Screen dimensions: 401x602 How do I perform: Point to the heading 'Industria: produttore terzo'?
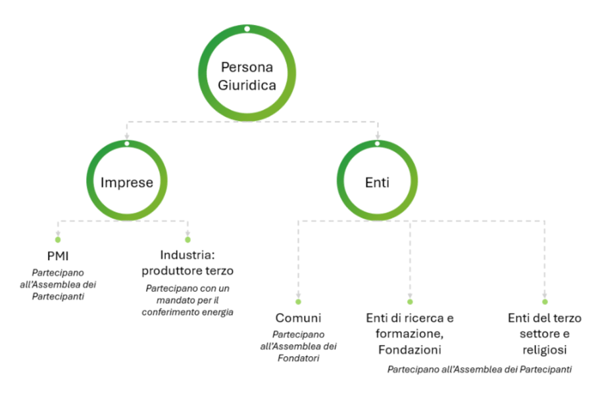(188, 262)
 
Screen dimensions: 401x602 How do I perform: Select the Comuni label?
(298, 318)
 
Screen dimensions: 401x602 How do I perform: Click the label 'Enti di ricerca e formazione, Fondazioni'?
(410, 333)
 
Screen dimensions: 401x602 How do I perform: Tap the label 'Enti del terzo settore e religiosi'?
(545, 333)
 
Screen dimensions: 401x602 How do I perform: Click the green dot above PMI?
(58, 240)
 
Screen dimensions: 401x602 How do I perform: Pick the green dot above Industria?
(188, 240)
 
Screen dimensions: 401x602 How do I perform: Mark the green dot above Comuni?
(298, 302)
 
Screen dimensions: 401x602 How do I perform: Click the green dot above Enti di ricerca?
(410, 302)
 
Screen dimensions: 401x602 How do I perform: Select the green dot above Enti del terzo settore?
(545, 302)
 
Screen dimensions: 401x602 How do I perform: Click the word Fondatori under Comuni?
(297, 359)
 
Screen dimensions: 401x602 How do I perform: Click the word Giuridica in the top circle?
(246, 85)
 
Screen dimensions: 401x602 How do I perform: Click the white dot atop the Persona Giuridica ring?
(246, 29)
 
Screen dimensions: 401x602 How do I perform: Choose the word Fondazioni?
(410, 349)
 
